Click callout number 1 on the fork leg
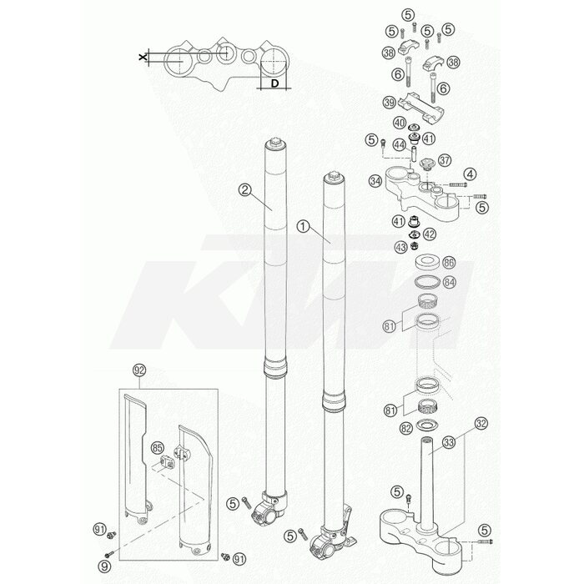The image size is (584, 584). [x=303, y=226]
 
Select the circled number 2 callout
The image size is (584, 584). [x=244, y=190]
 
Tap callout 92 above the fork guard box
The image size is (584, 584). [x=139, y=370]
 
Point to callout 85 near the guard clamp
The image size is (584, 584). [x=158, y=449]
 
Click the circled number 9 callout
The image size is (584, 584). [x=105, y=566]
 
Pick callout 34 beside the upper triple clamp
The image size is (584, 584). [x=375, y=181]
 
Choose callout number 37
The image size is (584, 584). [x=445, y=160]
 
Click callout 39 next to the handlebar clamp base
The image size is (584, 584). [x=390, y=102]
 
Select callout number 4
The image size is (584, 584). [x=470, y=174]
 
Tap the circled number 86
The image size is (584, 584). [x=449, y=263]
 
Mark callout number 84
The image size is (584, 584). [x=450, y=282]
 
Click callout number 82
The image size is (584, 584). [x=406, y=428]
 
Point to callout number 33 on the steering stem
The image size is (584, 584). [x=449, y=442]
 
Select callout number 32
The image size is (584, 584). [x=481, y=424]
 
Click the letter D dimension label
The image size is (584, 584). [x=274, y=83]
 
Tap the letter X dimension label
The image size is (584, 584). [x=143, y=57]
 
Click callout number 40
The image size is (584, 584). [x=400, y=123]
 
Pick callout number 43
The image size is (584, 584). [x=401, y=247]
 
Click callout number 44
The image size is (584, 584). [x=400, y=144]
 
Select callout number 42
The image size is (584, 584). [x=430, y=234]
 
